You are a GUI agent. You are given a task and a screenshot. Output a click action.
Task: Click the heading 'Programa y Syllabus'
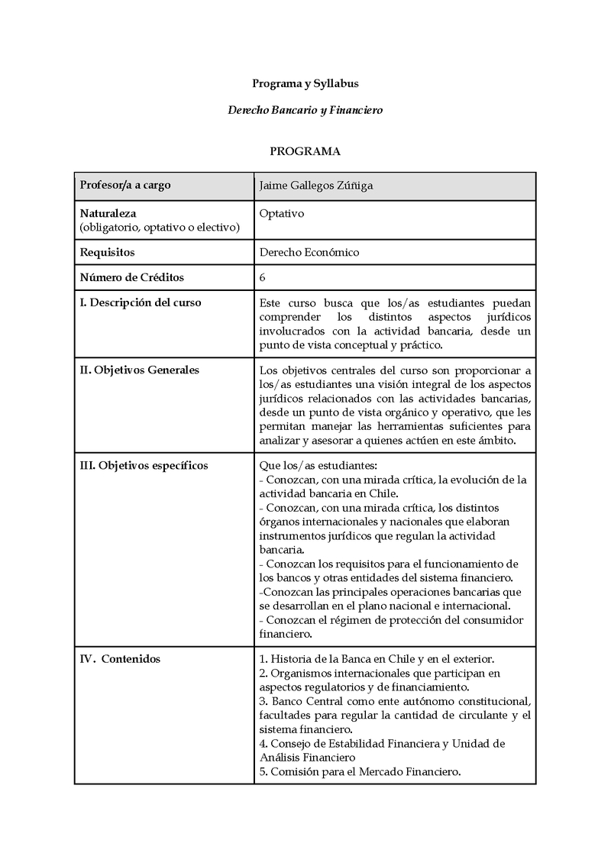[305, 83]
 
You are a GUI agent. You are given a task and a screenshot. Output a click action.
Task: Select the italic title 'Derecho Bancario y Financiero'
[305, 110]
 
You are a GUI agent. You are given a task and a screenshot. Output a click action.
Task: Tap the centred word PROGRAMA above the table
[305, 151]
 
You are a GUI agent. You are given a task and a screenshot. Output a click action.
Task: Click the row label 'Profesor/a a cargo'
[125, 186]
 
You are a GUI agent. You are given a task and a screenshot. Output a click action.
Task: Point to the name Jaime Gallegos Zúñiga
[316, 186]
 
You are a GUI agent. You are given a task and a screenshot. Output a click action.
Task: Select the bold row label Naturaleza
[108, 214]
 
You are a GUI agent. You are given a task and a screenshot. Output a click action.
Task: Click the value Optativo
[282, 214]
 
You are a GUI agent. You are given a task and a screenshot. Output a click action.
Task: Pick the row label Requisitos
[107, 252]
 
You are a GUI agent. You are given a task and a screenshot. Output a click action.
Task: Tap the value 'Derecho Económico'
[309, 252]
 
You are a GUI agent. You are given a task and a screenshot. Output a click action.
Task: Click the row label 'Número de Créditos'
[132, 277]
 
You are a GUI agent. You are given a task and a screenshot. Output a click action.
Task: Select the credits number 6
[263, 277]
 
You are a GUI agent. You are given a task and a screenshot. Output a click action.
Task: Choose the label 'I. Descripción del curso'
[141, 302]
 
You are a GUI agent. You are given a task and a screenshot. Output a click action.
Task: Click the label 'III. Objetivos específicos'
[144, 465]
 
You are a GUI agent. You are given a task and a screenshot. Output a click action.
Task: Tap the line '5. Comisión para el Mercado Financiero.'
[360, 771]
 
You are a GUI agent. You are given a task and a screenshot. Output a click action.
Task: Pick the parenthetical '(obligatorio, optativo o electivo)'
[160, 228]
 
